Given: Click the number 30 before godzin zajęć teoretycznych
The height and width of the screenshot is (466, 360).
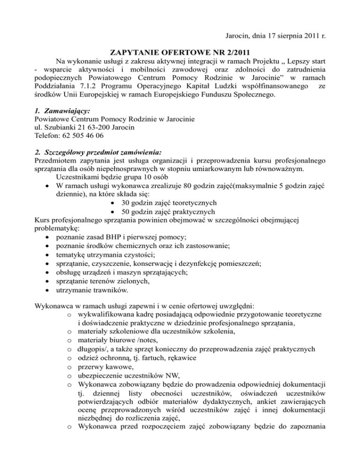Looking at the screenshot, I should click(126, 203).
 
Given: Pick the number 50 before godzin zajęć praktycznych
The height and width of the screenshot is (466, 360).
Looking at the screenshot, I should click(126, 212).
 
